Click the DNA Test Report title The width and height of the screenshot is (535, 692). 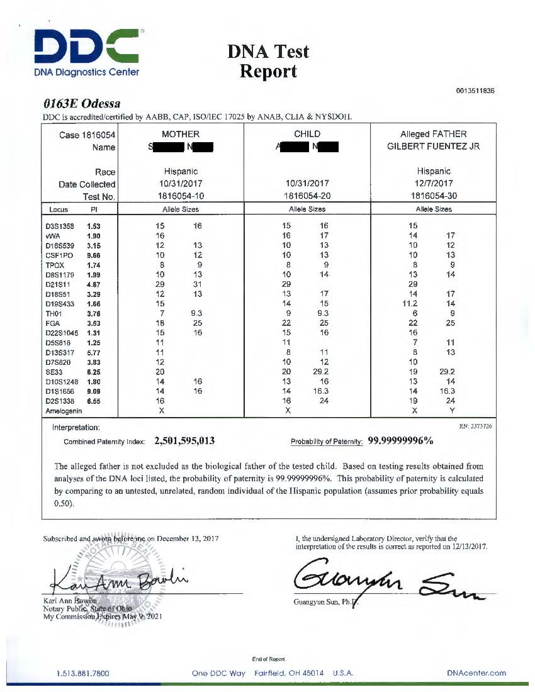click(x=268, y=61)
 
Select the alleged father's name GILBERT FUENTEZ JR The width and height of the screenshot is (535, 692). click(x=433, y=147)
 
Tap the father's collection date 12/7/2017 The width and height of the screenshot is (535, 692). click(x=433, y=184)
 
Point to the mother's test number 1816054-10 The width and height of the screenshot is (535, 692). click(x=180, y=196)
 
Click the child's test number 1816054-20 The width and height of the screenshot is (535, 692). click(x=307, y=196)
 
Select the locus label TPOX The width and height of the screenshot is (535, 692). click(x=55, y=265)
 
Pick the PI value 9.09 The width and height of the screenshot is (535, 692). click(x=94, y=391)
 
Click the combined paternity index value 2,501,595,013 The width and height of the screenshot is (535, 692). click(x=184, y=441)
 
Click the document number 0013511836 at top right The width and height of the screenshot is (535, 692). click(x=475, y=91)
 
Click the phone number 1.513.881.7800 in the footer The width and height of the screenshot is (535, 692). click(x=83, y=673)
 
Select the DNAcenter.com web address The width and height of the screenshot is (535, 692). click(x=476, y=673)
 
